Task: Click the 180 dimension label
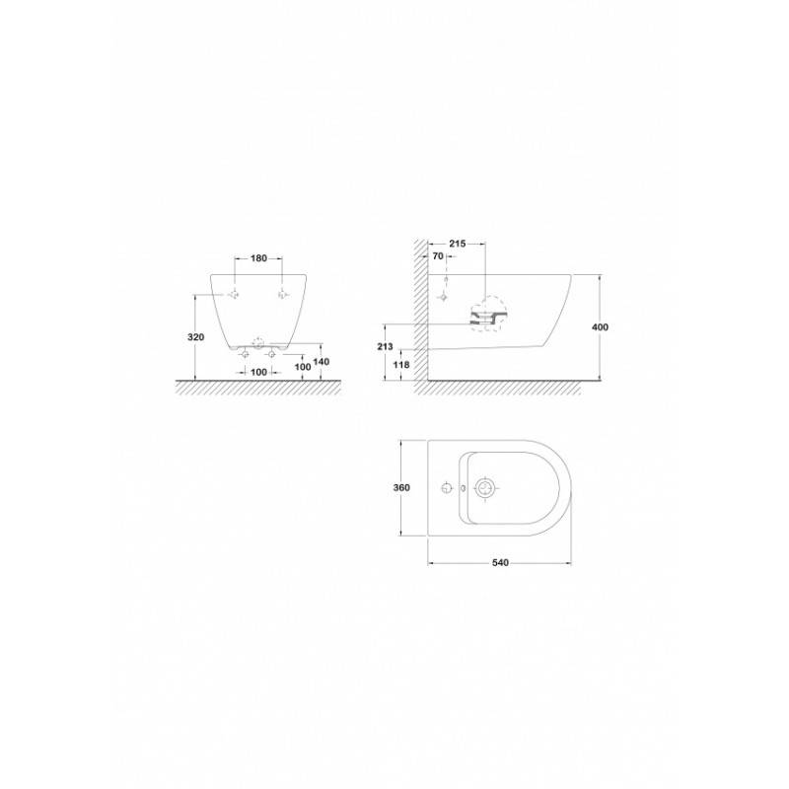pos(258,258)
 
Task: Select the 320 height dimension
pos(195,337)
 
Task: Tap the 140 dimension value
pos(322,362)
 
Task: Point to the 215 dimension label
pos(457,244)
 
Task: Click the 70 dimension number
pos(438,256)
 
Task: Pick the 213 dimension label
pos(385,347)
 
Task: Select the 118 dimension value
pos(401,364)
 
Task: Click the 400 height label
pos(600,327)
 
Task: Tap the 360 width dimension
pos(401,487)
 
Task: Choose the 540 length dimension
pos(500,562)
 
